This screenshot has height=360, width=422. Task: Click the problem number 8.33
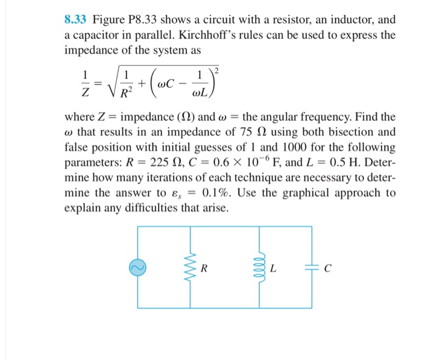point(77,21)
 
